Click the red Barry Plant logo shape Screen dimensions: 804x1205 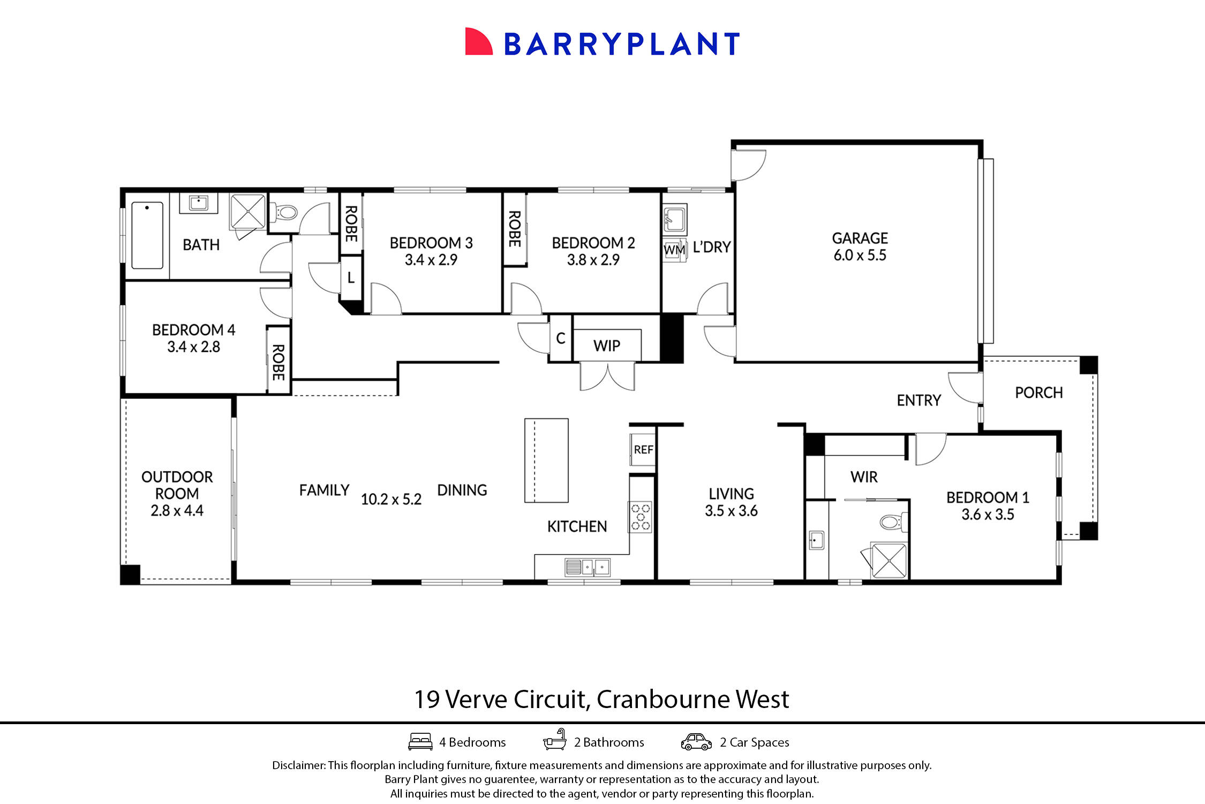478,42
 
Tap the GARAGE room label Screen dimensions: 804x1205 860,238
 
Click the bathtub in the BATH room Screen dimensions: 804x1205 147,235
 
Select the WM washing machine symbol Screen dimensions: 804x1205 674,250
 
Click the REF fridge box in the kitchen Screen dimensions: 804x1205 643,450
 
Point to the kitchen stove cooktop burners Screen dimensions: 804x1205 641,516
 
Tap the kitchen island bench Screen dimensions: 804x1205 546,460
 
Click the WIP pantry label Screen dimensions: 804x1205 606,346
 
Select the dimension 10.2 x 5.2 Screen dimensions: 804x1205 391,500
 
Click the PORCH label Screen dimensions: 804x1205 1038,393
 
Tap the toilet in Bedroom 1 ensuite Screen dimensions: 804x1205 893,522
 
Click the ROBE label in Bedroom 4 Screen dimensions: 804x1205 278,362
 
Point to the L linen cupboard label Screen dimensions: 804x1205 351,278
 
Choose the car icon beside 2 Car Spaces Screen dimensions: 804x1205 696,742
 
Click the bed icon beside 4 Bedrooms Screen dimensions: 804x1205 420,742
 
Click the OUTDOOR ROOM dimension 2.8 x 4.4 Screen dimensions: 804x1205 177,511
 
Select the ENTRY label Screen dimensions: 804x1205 918,400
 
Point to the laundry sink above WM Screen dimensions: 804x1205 674,218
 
